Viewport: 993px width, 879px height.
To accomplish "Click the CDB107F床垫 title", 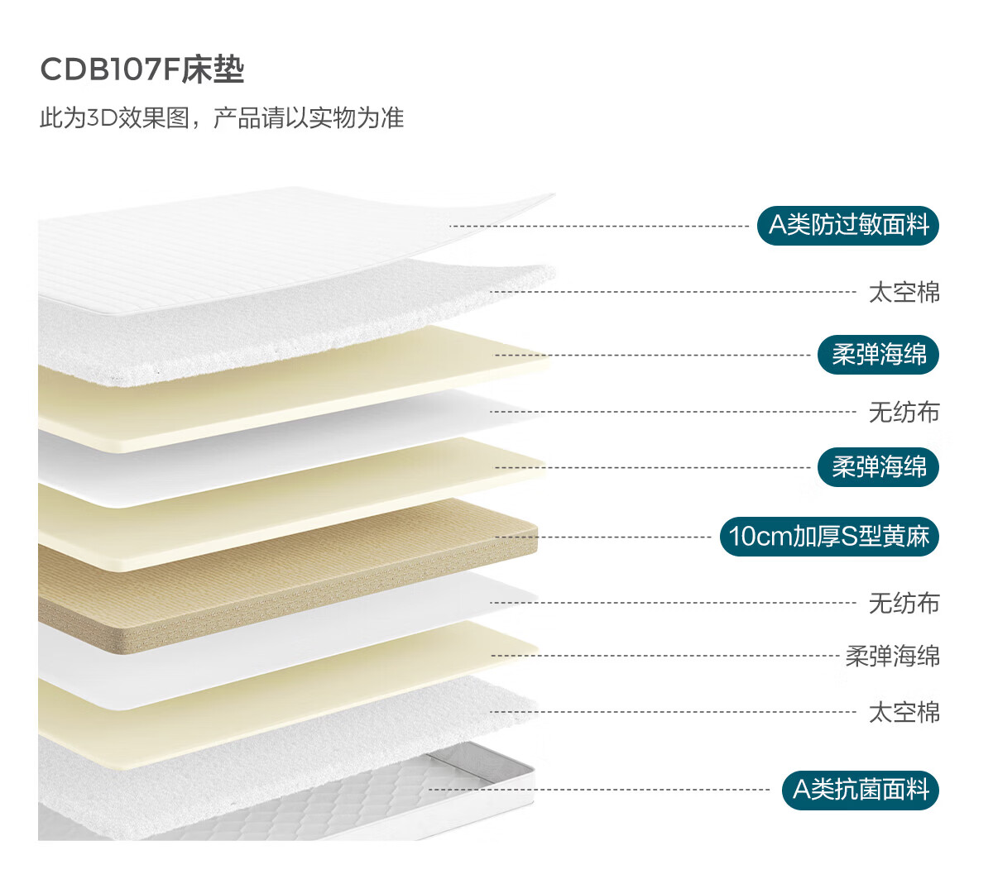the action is point(142,69).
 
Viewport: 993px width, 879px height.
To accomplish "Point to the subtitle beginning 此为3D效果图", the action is point(222,118).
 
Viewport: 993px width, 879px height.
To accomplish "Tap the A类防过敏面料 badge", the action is point(848,225).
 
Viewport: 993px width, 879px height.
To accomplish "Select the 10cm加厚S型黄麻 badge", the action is point(829,536).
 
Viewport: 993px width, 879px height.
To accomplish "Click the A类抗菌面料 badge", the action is point(861,790).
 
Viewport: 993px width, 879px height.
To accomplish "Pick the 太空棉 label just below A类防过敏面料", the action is point(904,292).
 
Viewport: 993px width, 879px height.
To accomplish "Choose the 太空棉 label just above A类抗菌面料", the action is point(904,712).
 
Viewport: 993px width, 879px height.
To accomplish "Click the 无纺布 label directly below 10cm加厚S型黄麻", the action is point(904,603).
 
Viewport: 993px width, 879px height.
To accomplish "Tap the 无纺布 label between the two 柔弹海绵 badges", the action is point(904,412).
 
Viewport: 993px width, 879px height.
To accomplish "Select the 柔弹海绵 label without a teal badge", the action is point(892,657).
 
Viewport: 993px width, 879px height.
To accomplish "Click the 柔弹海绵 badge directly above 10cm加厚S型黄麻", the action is point(878,467).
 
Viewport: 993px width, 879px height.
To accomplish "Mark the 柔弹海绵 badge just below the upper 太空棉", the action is point(878,355).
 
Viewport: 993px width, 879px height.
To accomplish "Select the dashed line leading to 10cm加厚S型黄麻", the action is point(604,537).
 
